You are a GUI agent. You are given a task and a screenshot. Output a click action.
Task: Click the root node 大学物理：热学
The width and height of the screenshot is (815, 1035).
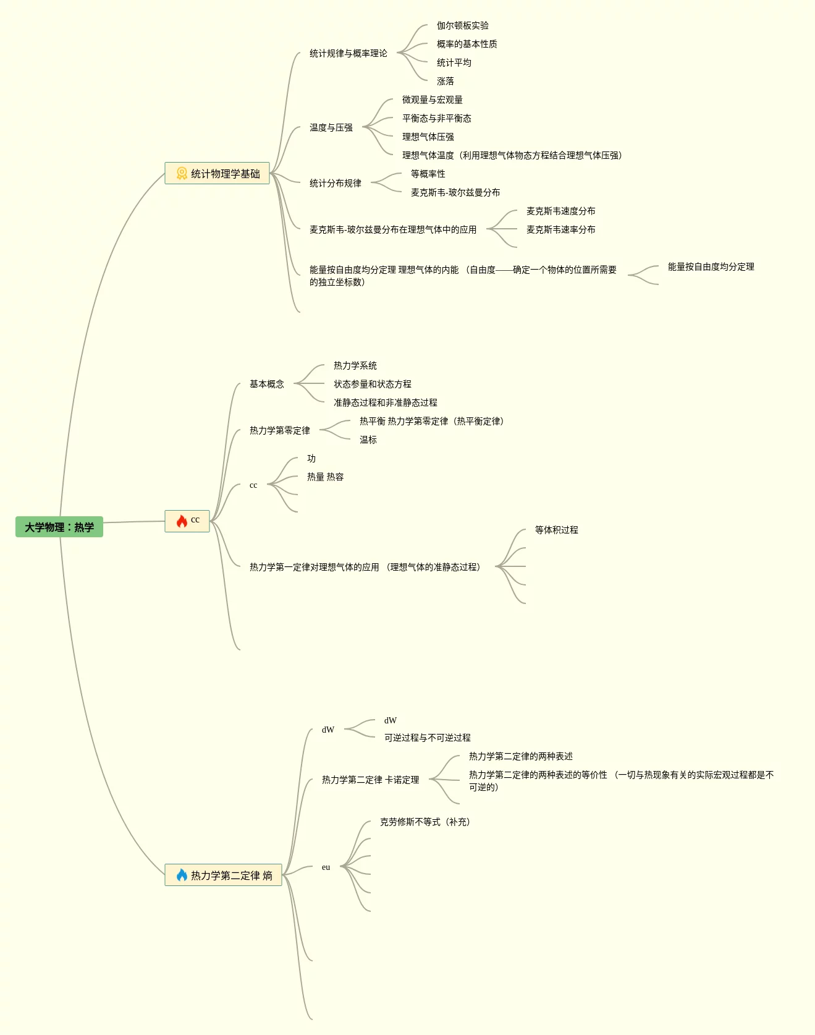(x=59, y=527)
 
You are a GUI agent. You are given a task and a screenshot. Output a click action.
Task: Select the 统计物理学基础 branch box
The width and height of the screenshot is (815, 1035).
(x=217, y=174)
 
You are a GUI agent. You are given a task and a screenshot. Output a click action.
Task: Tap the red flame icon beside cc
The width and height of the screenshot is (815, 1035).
(x=182, y=521)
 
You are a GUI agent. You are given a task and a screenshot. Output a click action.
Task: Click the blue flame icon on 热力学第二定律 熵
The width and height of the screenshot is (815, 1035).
(x=182, y=875)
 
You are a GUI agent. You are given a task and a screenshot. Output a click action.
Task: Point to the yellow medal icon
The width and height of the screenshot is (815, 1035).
(x=182, y=174)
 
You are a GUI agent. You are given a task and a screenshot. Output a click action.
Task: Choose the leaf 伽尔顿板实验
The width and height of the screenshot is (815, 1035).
(x=463, y=25)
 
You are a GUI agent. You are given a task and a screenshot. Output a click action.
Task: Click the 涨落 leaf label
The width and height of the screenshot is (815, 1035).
(x=446, y=81)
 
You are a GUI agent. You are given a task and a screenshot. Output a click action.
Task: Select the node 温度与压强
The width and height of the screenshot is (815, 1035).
(x=331, y=127)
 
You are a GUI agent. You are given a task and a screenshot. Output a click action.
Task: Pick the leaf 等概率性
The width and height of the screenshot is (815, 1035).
(x=428, y=174)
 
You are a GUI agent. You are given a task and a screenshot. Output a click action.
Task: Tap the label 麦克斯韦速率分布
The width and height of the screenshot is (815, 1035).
(x=561, y=229)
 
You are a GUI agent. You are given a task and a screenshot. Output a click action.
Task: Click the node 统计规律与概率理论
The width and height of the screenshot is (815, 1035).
(x=348, y=53)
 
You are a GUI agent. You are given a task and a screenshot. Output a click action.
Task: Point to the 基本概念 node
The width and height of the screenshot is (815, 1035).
(x=267, y=384)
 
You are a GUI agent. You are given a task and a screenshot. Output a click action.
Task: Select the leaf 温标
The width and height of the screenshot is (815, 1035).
(x=368, y=440)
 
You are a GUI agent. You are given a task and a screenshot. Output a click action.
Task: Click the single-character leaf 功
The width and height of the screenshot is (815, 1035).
(x=311, y=458)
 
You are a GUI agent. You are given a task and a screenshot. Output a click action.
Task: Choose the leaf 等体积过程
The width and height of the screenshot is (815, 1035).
(x=557, y=530)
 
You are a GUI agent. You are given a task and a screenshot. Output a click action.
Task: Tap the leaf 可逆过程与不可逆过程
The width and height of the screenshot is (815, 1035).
(x=428, y=738)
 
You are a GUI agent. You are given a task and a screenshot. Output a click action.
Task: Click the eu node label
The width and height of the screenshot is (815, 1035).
(x=326, y=867)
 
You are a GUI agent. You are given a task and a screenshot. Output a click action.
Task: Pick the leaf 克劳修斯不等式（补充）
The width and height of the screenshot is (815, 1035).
(x=425, y=822)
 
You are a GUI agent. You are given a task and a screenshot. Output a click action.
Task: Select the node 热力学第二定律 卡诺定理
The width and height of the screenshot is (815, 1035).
(x=371, y=780)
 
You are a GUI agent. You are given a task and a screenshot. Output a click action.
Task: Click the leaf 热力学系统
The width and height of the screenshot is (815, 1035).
(x=355, y=365)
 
